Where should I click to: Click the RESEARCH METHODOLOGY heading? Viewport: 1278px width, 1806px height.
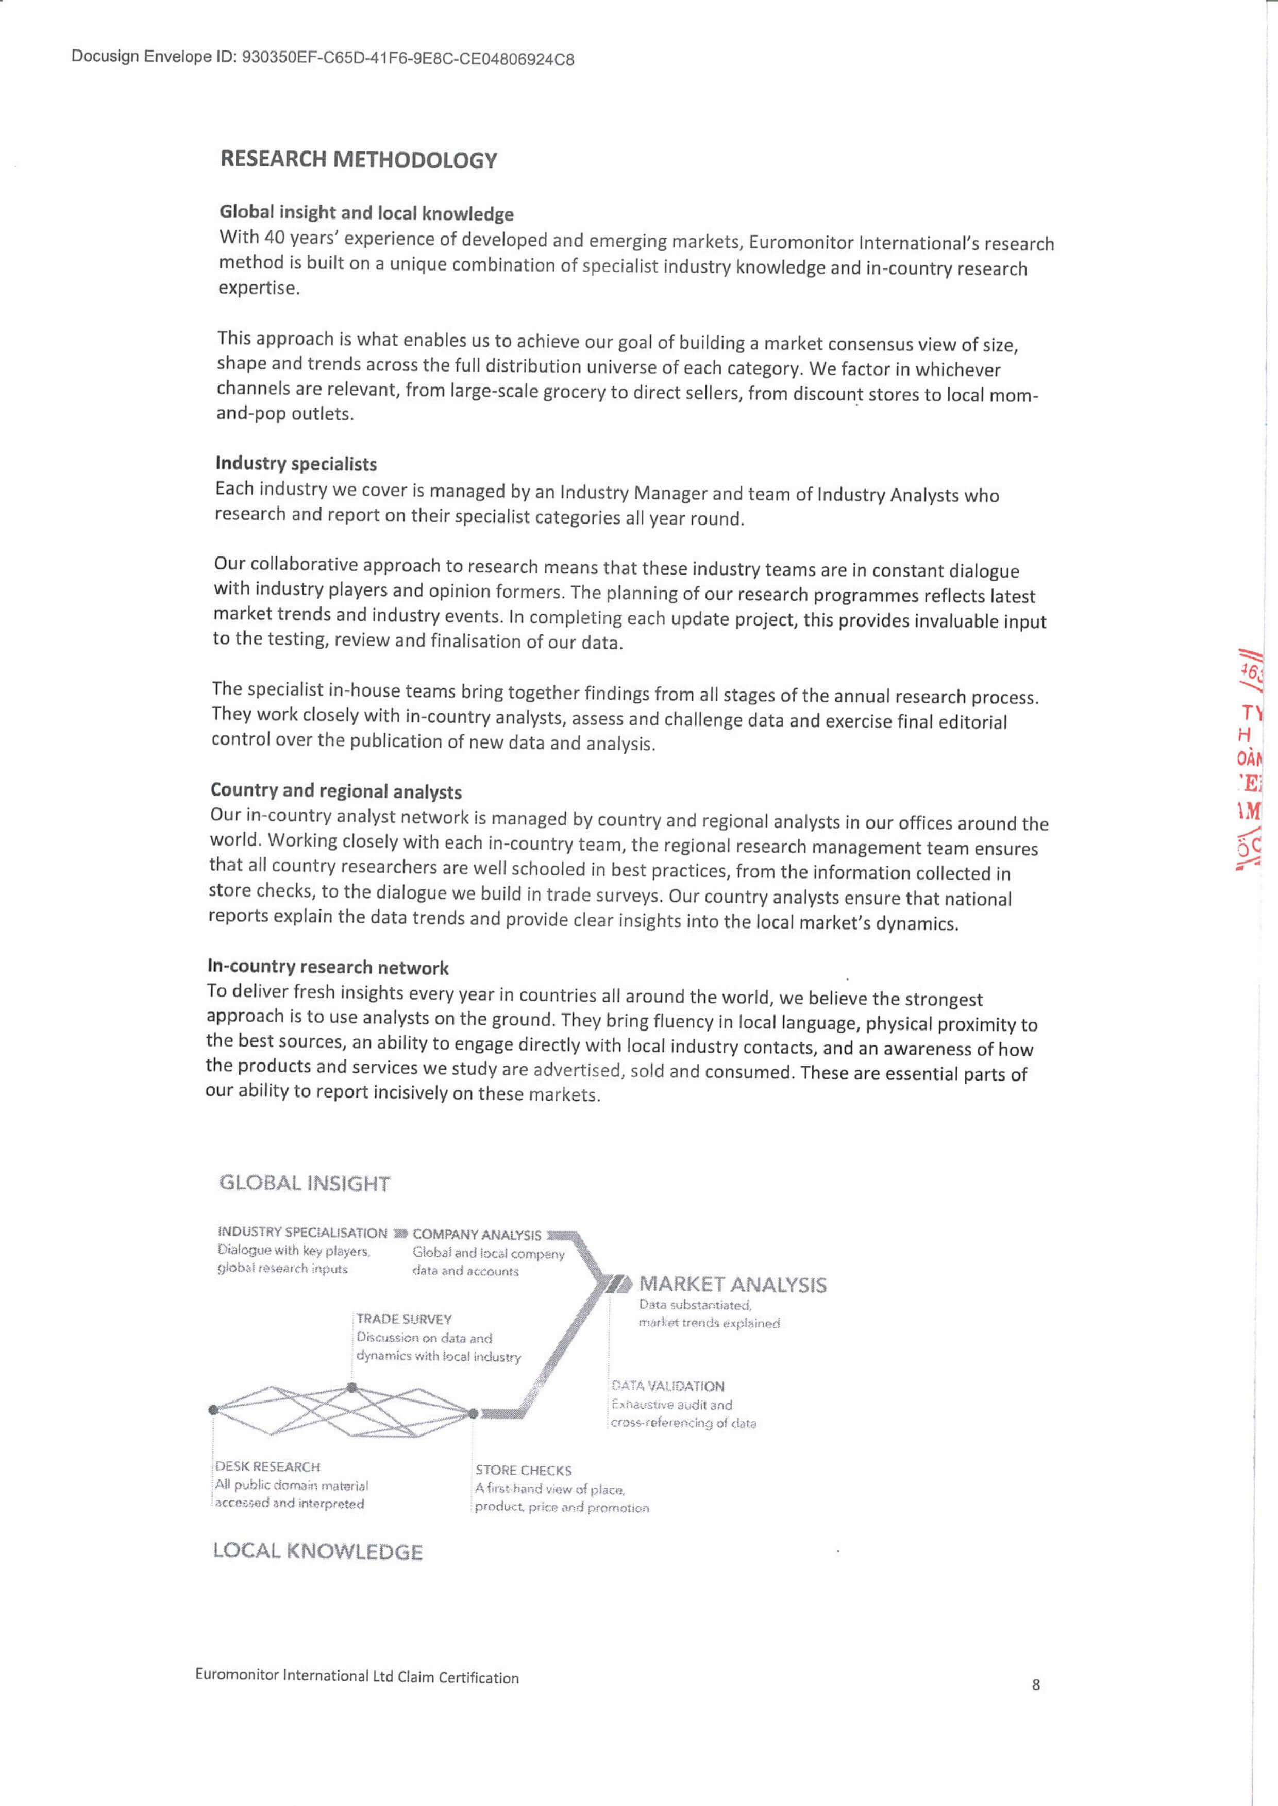point(358,160)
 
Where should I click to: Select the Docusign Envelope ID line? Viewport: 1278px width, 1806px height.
point(323,57)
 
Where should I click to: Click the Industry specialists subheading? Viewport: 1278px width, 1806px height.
point(296,464)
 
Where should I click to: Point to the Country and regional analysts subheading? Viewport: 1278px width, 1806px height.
point(336,791)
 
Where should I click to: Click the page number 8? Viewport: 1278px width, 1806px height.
point(1036,1684)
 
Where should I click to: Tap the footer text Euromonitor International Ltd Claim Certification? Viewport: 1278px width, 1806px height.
point(357,1676)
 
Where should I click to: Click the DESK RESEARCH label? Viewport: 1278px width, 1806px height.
point(267,1467)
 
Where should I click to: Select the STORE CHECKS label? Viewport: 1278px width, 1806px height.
point(524,1470)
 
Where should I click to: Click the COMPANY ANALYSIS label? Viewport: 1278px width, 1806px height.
point(477,1235)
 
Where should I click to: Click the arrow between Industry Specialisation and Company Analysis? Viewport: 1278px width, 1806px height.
point(400,1233)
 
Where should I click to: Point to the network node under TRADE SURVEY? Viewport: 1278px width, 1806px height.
point(352,1388)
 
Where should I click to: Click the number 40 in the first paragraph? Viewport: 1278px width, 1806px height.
point(274,237)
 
